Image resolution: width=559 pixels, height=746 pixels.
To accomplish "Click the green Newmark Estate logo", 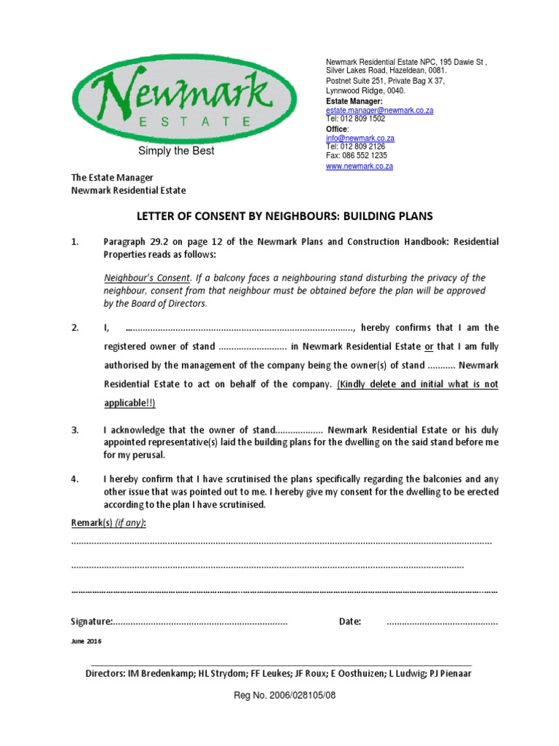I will click(x=183, y=98).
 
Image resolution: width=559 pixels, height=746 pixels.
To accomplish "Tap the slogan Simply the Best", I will click(x=177, y=152).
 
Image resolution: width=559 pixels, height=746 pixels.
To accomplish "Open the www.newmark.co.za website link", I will click(x=359, y=166).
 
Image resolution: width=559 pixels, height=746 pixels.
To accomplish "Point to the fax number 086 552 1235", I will click(x=356, y=156).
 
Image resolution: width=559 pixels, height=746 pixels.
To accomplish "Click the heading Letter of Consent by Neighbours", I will click(x=285, y=216).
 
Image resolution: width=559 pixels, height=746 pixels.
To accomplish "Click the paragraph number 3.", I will click(x=74, y=430).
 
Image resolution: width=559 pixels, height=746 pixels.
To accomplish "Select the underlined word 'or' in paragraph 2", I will click(x=429, y=346).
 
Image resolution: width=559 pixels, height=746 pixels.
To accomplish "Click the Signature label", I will click(x=91, y=621).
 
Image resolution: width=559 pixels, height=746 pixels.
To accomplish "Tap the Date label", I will click(x=349, y=621).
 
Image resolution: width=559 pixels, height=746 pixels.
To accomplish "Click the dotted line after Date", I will click(x=442, y=623).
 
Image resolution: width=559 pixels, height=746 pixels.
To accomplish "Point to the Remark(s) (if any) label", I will click(x=108, y=524).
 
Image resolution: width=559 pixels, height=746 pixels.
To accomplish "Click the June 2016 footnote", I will click(x=86, y=641).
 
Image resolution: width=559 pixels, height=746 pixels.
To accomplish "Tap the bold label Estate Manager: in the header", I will click(x=353, y=101).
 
